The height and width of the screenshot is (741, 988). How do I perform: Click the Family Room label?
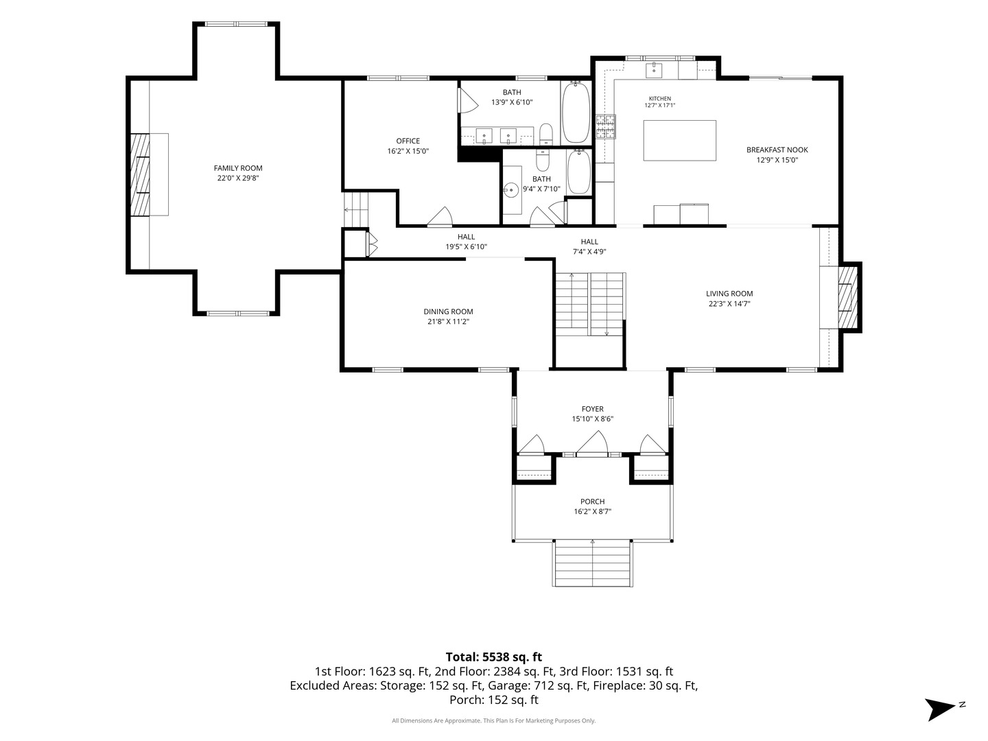[237, 168]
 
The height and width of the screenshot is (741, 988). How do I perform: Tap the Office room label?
[408, 141]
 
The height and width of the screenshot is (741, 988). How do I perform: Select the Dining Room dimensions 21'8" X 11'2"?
[448, 322]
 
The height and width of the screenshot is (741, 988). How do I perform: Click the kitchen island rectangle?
[679, 141]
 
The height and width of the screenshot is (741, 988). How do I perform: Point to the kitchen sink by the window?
[654, 71]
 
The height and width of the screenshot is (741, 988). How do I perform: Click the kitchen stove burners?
[605, 126]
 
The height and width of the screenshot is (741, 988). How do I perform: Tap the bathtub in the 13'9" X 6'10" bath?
[575, 113]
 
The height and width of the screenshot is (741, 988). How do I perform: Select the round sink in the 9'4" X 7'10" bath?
[511, 190]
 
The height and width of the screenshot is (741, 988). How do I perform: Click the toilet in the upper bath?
[545, 134]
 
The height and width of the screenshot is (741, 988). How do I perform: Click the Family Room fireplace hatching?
[140, 174]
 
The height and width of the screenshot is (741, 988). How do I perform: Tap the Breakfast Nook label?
[777, 150]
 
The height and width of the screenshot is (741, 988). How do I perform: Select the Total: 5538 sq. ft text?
[494, 657]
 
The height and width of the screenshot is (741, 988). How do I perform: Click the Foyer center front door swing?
[592, 443]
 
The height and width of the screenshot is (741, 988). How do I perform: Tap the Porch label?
[592, 502]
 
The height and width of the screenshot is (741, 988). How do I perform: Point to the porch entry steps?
[592, 563]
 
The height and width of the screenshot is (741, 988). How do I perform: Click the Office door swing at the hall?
[440, 216]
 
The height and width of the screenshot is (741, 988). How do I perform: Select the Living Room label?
[729, 294]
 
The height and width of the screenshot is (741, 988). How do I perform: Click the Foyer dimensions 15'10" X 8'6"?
[592, 419]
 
